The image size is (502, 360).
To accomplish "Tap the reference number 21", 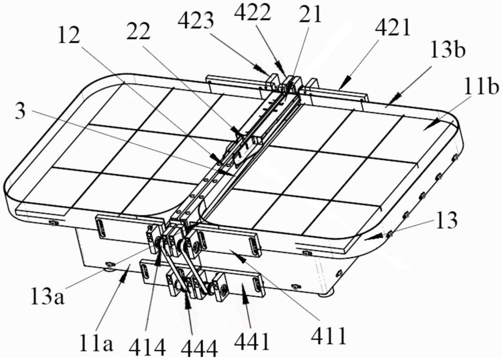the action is click(x=310, y=14).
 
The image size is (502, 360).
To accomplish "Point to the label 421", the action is click(x=393, y=29).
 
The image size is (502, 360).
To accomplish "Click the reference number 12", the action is click(x=69, y=35).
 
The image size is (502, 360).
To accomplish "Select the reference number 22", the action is click(x=139, y=31).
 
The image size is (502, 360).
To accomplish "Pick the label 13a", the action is click(x=48, y=295).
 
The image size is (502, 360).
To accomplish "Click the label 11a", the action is click(x=96, y=343).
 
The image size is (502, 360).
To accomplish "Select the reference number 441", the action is click(x=252, y=341).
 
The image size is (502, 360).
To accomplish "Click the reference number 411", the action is click(x=329, y=336).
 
